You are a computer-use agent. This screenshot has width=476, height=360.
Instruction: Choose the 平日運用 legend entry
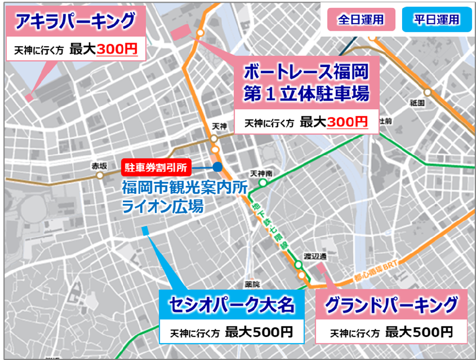click(436, 20)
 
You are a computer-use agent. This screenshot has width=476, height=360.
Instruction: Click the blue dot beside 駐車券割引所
click(218, 168)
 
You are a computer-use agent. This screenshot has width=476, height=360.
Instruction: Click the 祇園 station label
click(417, 103)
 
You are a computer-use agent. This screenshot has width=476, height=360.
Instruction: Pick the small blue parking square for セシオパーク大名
click(145, 231)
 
